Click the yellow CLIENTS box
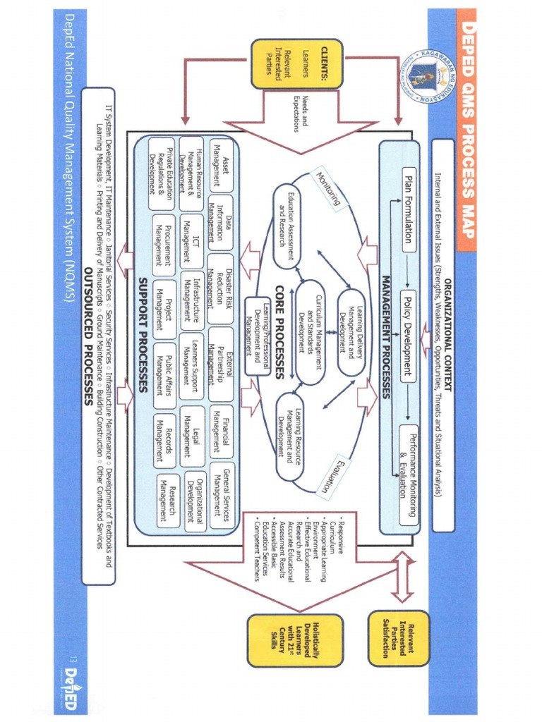(297, 63)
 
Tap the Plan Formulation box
(408, 206)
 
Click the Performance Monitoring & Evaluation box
(408, 474)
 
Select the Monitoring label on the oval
(328, 189)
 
